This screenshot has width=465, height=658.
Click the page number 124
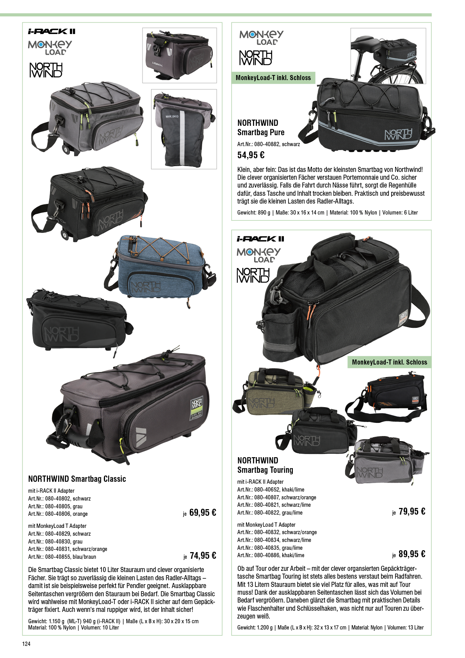pos(27,644)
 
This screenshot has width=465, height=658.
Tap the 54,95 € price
pos(251,155)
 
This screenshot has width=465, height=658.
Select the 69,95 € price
pos(203,513)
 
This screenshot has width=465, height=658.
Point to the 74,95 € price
pos(203,556)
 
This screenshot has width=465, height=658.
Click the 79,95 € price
pos(412,511)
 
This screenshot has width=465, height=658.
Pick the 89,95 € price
pos(412,554)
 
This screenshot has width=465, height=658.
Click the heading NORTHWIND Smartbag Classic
pos(77,479)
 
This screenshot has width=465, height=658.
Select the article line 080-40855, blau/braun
pos(62,557)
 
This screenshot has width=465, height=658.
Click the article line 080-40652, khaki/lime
pos(271,489)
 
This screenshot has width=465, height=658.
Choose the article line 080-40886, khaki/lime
pos(271,555)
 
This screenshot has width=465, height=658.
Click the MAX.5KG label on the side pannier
pos(172,116)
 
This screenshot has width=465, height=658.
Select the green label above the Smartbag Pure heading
pos(273,78)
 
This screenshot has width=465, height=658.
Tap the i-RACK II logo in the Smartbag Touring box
pos(260,239)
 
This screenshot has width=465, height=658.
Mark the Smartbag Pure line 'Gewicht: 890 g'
pos(254,213)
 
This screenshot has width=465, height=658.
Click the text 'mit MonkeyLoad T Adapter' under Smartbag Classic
pos(57,526)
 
